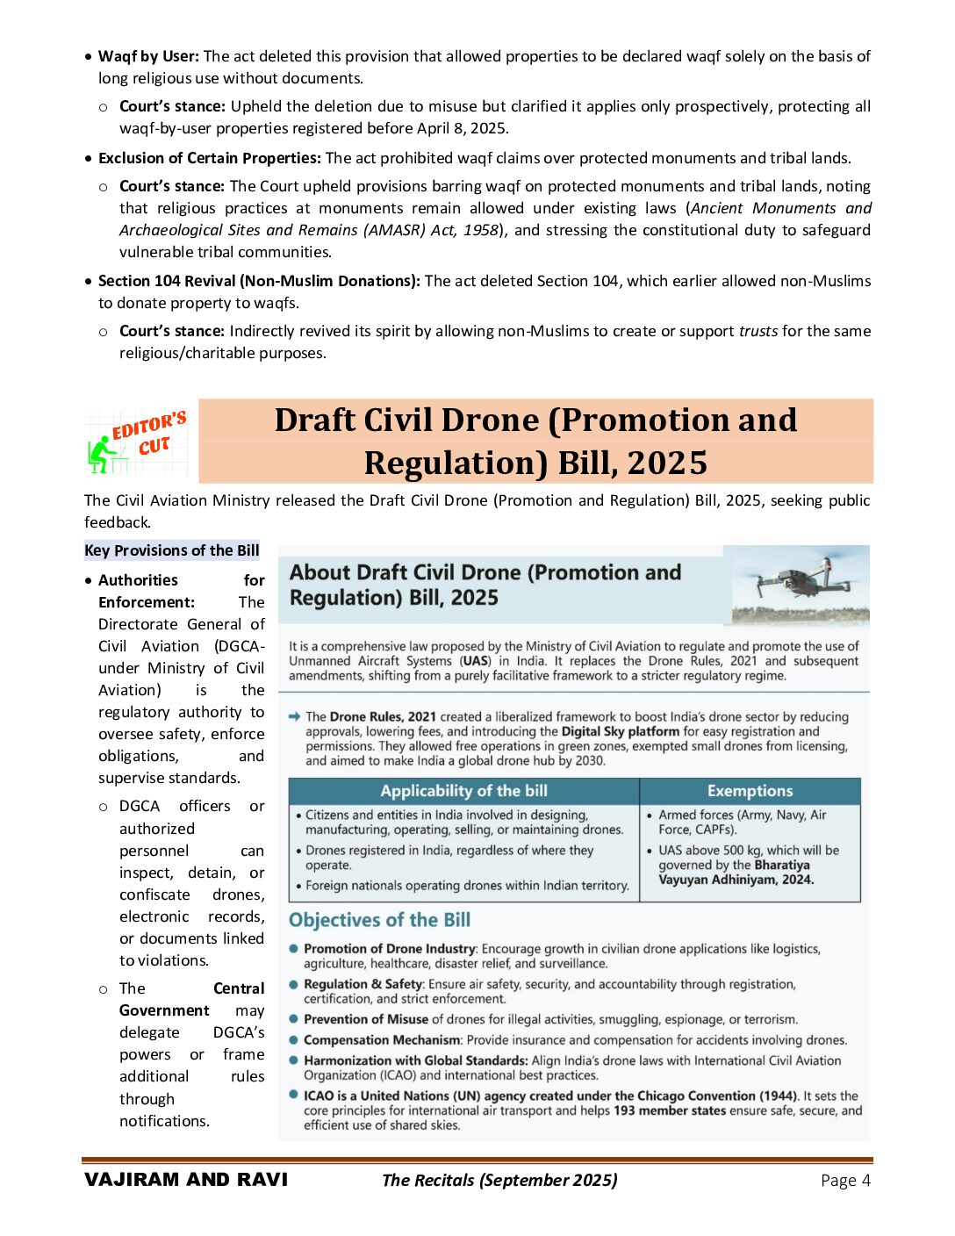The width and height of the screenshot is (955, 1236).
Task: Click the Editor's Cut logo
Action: [x=138, y=441]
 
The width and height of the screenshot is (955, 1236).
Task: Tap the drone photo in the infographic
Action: [x=800, y=584]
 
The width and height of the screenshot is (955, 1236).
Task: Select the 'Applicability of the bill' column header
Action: [x=463, y=791]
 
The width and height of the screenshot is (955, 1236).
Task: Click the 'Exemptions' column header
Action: [x=750, y=791]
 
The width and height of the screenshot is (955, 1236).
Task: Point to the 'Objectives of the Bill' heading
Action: [x=379, y=920]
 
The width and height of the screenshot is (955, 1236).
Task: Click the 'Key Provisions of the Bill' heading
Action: [x=172, y=550]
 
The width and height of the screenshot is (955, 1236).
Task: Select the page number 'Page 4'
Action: [x=845, y=1181]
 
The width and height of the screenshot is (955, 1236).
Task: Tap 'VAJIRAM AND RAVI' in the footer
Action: [x=186, y=1180]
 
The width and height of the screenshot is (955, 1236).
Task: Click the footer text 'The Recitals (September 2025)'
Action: [x=499, y=1181]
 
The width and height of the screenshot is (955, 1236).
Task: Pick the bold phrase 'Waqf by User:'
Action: [x=148, y=56]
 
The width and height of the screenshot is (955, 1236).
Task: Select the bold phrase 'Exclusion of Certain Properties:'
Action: [x=209, y=158]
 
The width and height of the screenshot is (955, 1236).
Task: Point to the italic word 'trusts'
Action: [x=758, y=331]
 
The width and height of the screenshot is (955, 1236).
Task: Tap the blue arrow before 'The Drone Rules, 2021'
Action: [x=295, y=716]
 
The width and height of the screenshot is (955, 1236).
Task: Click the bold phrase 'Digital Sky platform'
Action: [x=621, y=731]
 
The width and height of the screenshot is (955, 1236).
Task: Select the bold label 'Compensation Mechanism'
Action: [x=382, y=1040]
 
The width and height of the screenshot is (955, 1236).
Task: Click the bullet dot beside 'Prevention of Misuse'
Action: [x=294, y=1018]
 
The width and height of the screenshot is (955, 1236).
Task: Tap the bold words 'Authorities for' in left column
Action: [x=181, y=580]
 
